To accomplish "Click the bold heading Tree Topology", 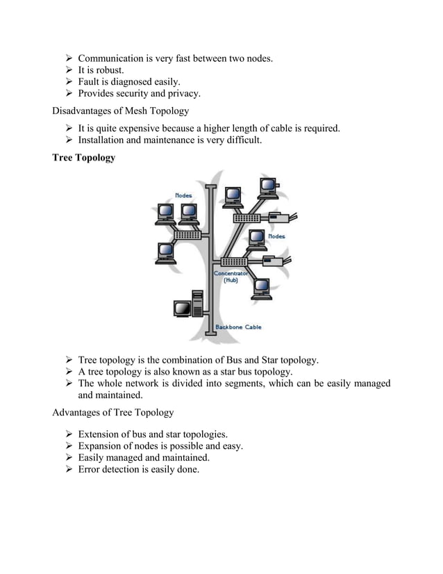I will coord(84,158).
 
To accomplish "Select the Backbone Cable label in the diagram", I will coord(238,327).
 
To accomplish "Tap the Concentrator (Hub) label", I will coord(228,277).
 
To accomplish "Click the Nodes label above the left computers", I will coord(184,196).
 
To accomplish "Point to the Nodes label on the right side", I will coord(276,236).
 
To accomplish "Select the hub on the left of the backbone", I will coord(187,235).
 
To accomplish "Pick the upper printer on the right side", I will coord(278,218).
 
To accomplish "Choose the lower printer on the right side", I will coord(273,261).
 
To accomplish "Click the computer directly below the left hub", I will coord(166,252).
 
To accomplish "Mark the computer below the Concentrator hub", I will coord(262,288).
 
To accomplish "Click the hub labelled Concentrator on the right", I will coord(234,262).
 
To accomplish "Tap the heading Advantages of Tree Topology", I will coord(113,413).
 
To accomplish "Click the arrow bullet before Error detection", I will coord(69,470).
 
